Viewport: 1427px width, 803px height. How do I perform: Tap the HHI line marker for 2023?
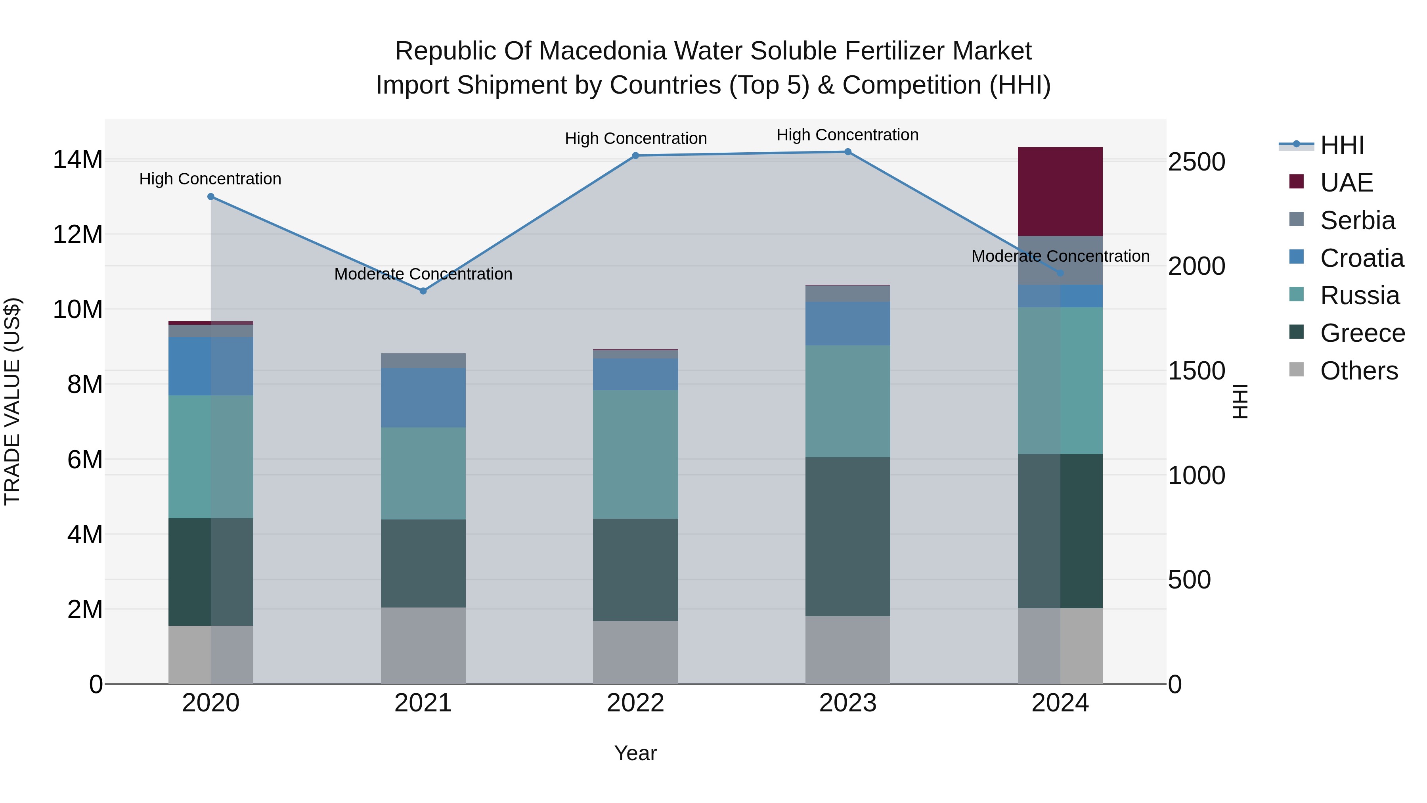coord(847,152)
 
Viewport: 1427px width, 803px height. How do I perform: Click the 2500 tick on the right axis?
coord(1197,162)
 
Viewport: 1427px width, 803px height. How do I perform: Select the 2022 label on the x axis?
coord(635,703)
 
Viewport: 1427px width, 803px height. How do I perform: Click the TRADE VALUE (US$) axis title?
coord(12,401)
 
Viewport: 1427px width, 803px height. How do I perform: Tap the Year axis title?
coord(635,753)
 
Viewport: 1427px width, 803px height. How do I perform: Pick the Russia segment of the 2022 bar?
coord(635,454)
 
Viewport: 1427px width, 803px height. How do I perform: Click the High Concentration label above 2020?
coord(210,179)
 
